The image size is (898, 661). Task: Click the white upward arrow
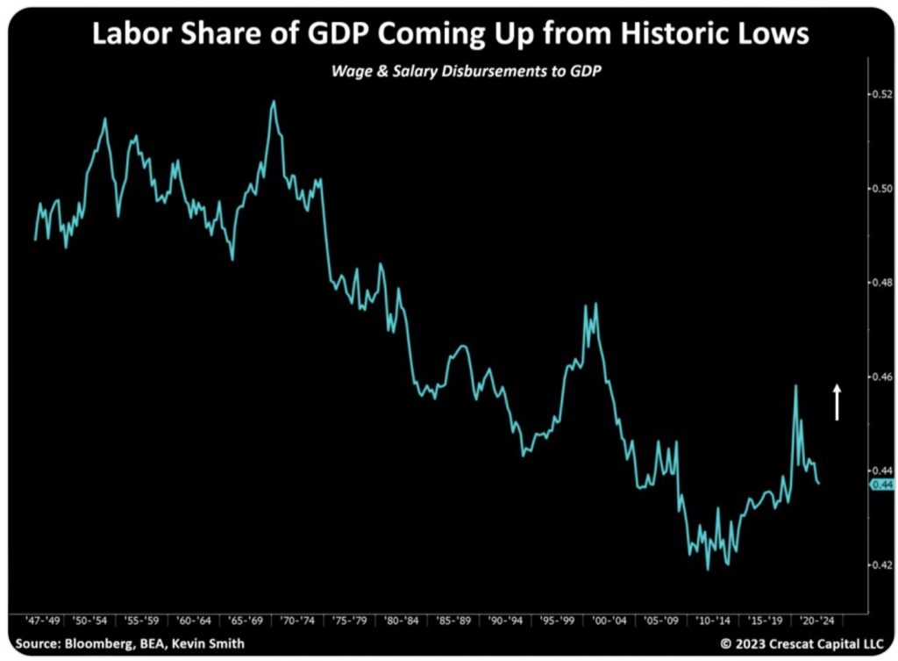pos(837,402)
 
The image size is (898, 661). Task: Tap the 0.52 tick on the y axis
pos(880,94)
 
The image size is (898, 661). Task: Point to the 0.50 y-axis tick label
pos(880,188)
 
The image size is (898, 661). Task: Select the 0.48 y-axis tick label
pos(880,282)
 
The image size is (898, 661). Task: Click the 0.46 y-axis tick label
pos(880,376)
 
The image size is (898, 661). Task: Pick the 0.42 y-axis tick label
pos(880,564)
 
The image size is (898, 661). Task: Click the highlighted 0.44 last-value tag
pos(881,485)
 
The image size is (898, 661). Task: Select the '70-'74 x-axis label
pos(297,619)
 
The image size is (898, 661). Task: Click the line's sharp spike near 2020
pos(795,385)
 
